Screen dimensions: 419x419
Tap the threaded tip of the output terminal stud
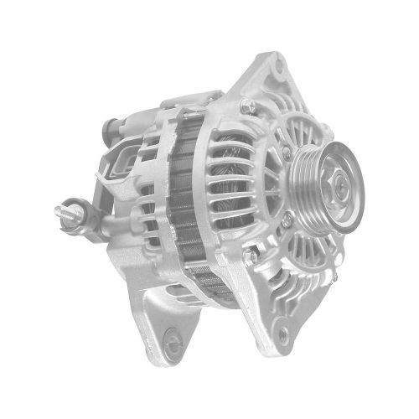click(x=61, y=206)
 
